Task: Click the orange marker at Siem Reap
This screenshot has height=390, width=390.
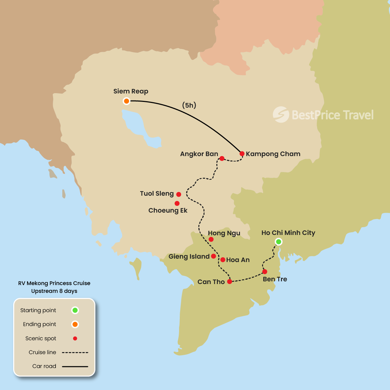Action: (126, 101)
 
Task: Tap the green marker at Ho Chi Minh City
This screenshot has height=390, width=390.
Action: (278, 242)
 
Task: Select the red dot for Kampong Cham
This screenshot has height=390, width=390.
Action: (242, 154)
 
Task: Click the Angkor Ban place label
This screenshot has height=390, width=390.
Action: (199, 154)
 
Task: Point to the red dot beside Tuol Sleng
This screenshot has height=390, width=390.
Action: (179, 194)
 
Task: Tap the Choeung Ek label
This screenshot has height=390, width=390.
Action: (168, 211)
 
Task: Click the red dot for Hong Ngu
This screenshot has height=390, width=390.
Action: (211, 239)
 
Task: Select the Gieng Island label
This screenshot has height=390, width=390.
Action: (189, 257)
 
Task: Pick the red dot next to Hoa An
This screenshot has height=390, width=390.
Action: (223, 260)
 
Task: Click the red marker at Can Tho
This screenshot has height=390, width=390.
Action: (230, 282)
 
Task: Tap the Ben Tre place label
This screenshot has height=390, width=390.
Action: (275, 279)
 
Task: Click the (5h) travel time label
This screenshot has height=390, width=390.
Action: (189, 105)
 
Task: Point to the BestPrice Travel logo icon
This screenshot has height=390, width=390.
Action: (281, 114)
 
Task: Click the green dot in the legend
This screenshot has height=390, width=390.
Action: (75, 310)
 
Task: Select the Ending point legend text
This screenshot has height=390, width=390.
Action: (40, 324)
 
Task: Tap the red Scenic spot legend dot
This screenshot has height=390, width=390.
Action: (75, 339)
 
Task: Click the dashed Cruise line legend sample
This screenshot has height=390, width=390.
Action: (75, 352)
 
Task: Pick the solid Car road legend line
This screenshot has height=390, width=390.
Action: (75, 366)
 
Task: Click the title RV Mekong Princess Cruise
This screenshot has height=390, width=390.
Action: (54, 283)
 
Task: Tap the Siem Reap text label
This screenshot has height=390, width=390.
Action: (131, 91)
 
